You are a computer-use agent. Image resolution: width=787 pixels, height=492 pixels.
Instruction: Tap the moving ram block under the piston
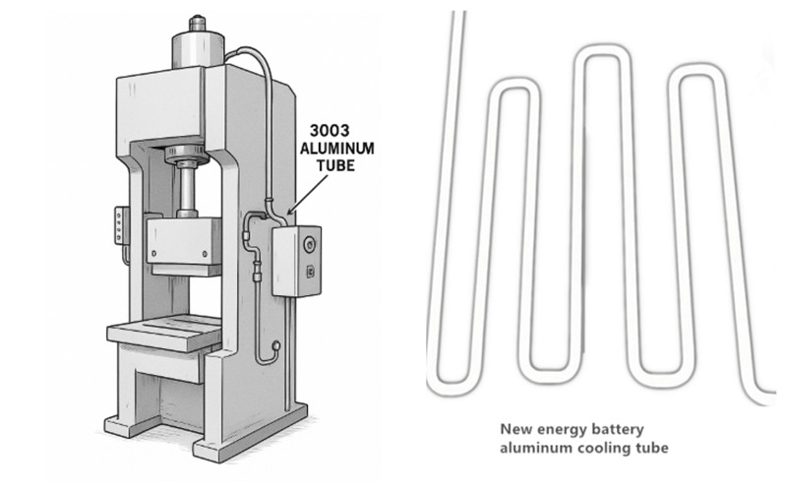click(184, 240)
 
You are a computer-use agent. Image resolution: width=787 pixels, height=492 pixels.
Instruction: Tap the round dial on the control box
click(311, 240)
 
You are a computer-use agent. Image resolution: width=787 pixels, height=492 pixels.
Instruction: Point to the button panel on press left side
click(120, 225)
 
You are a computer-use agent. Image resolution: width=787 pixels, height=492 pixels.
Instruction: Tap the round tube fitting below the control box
click(276, 346)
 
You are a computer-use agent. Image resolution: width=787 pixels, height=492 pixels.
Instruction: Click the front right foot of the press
click(215, 448)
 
